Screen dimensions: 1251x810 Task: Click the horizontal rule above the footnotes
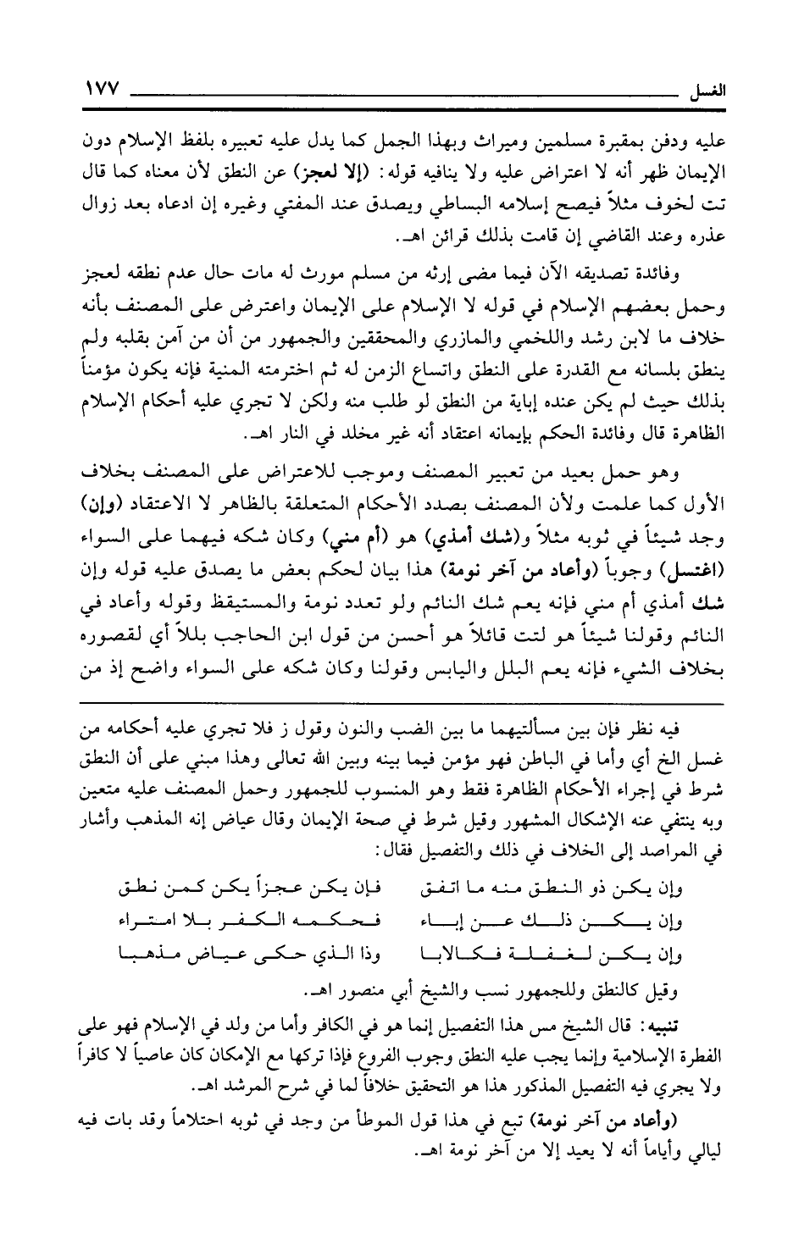(x=404, y=704)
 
